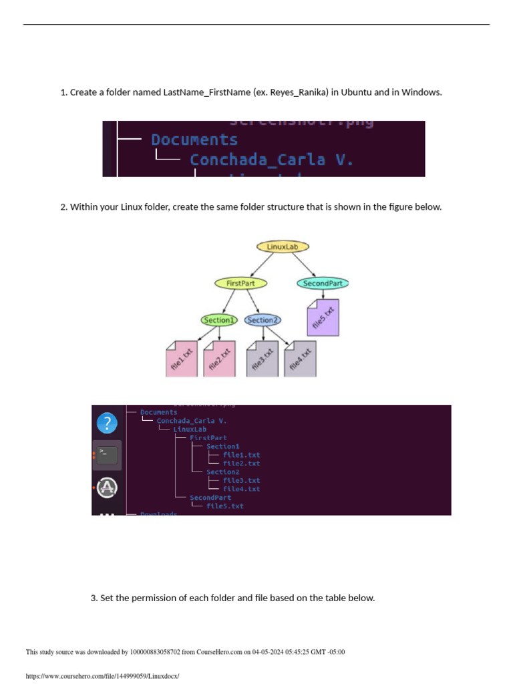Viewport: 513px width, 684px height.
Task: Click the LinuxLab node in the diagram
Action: pyautogui.click(x=283, y=246)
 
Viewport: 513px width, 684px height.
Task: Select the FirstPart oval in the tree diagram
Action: pyautogui.click(x=240, y=283)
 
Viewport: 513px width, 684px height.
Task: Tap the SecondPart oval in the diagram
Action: pyautogui.click(x=323, y=283)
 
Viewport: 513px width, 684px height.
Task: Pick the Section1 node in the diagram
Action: pyautogui.click(x=219, y=320)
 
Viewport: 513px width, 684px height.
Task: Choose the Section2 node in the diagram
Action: pyautogui.click(x=261, y=320)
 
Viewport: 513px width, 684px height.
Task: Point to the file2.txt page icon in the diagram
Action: pyautogui.click(x=219, y=359)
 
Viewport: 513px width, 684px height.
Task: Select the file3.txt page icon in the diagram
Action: pyautogui.click(x=263, y=359)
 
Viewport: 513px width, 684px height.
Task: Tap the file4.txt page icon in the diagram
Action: pyautogui.click(x=301, y=359)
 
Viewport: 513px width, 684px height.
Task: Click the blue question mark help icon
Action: pyautogui.click(x=107, y=423)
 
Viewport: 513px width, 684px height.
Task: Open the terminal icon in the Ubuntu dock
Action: pyautogui.click(x=107, y=456)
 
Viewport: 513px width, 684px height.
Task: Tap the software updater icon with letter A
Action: pyautogui.click(x=107, y=488)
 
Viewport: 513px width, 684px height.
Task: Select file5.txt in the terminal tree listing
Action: pyautogui.click(x=225, y=506)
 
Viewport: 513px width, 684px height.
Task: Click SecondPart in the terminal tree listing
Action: pyautogui.click(x=210, y=498)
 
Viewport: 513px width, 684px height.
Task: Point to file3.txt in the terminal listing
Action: pyautogui.click(x=241, y=480)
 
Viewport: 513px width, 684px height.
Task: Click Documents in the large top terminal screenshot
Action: pyautogui.click(x=194, y=140)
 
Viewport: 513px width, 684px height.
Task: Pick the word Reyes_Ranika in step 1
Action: pyautogui.click(x=299, y=92)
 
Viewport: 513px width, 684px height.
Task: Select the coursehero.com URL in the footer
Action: pyautogui.click(x=102, y=676)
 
